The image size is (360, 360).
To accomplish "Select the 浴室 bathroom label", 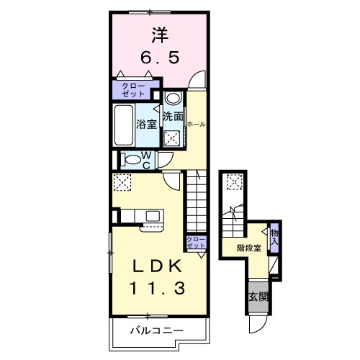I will click(147, 124).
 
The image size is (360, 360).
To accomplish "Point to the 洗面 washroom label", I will click(172, 116).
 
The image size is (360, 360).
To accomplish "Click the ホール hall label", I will click(195, 124).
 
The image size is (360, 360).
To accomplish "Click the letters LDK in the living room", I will click(153, 266).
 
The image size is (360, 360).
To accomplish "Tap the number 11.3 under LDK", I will click(153, 288).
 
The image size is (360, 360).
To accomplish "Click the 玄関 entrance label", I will click(258, 297).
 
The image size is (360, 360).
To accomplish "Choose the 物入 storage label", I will click(274, 236).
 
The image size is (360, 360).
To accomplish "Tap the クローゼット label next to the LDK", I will click(194, 243).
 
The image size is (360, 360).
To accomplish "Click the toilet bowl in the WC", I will click(127, 159).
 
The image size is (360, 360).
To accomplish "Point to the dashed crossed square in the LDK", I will click(122, 182).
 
